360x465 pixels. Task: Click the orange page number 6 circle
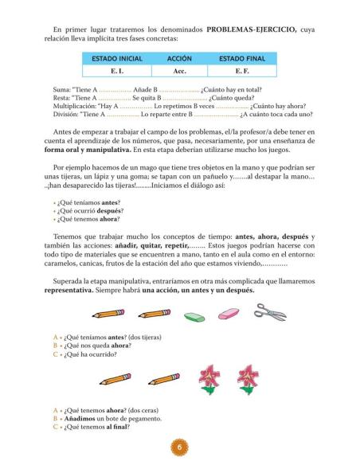pos(180,447)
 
